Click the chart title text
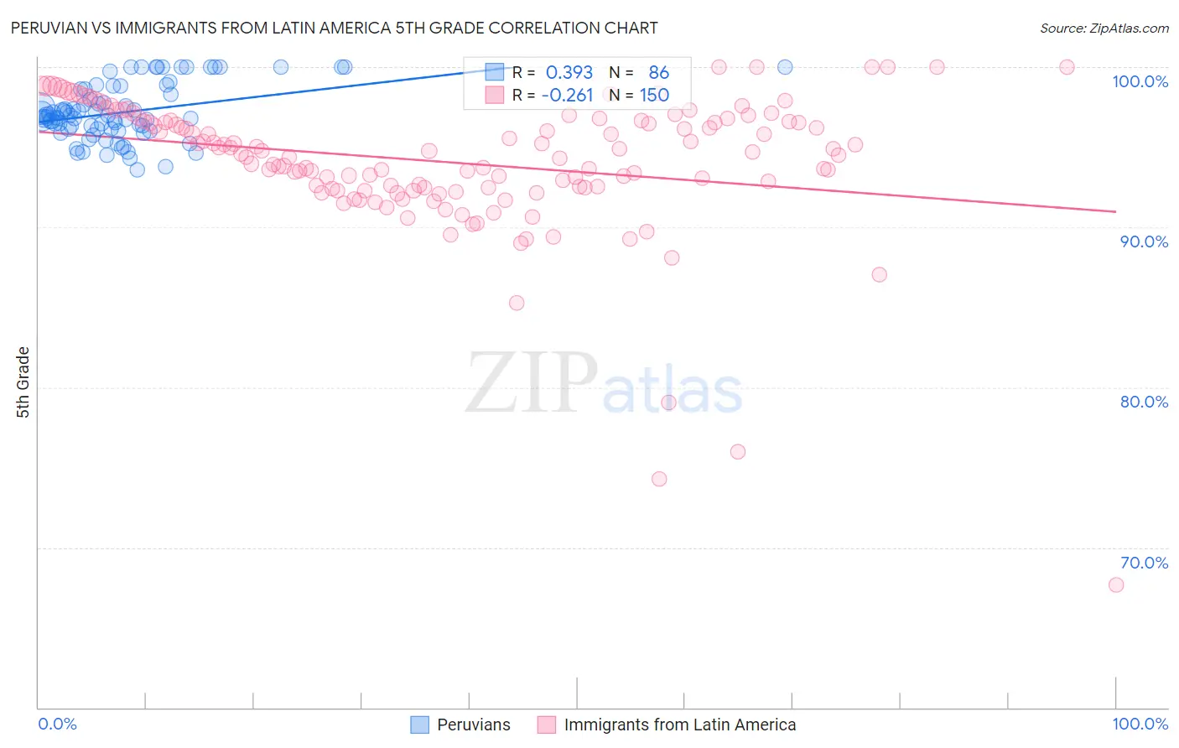pos(334,28)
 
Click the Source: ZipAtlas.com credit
pos(1104,28)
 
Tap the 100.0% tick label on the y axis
pos(1140,81)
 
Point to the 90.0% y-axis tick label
pos(1144,242)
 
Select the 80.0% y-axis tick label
pos(1144,402)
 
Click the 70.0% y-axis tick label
pos(1144,563)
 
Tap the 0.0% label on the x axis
pos(57,724)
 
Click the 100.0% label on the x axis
pos(1140,724)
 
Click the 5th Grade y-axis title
pos(23,382)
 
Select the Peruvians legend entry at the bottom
pos(473,725)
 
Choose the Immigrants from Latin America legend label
pos(679,725)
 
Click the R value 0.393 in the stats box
pos(569,73)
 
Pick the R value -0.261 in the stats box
pos(567,96)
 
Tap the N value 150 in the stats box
pos(654,96)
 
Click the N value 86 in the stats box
pos(658,73)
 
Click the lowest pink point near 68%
pos(1115,584)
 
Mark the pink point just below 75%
pos(659,479)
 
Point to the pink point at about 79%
pos(668,403)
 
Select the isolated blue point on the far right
pos(785,67)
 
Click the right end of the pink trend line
pos(1115,211)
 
